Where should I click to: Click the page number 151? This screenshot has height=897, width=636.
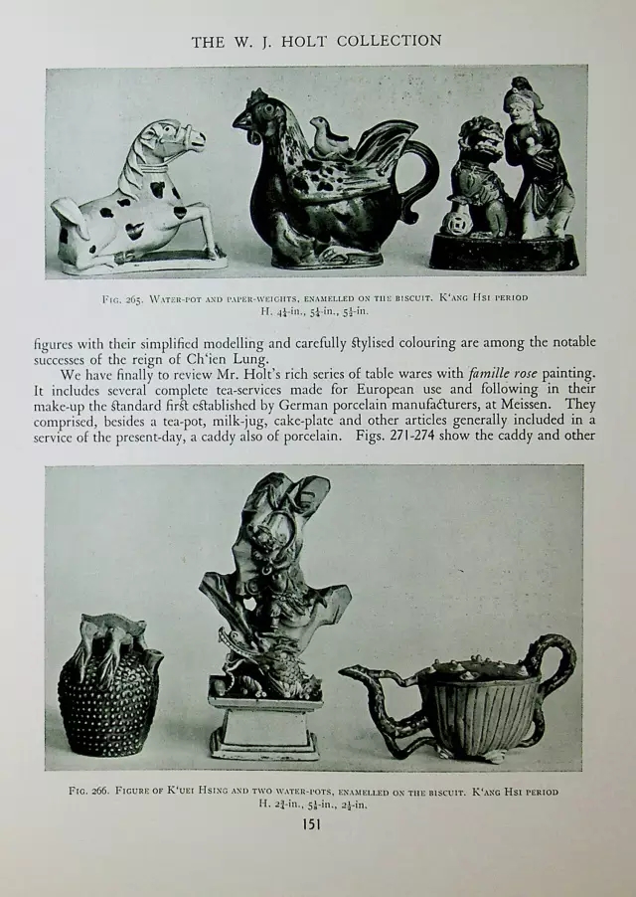pyautogui.click(x=317, y=822)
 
